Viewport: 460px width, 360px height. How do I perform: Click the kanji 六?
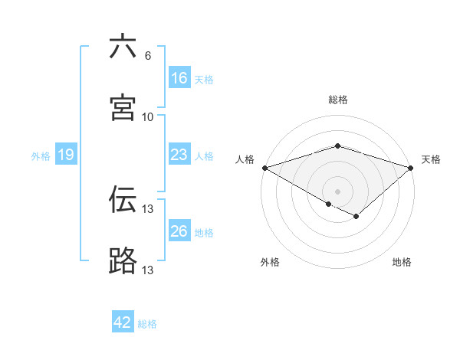123,47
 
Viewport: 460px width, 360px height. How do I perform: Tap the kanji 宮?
123,108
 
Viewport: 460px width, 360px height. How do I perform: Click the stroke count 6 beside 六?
147,56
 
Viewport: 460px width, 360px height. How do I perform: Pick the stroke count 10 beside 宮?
147,117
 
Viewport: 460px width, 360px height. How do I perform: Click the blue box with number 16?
179,78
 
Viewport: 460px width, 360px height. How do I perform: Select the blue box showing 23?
179,155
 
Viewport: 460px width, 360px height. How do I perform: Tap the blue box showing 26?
179,231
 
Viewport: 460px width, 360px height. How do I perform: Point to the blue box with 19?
65,155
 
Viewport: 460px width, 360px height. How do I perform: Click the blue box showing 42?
123,322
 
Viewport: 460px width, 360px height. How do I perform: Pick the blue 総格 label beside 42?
147,324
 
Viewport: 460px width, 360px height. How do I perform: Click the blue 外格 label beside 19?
41,156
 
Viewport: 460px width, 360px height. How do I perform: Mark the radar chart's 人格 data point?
264,168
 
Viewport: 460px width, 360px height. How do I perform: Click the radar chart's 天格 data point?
411,168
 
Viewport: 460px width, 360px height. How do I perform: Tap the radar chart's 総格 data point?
337,146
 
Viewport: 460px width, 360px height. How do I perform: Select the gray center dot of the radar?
337,191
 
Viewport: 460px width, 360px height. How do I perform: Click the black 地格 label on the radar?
402,262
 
